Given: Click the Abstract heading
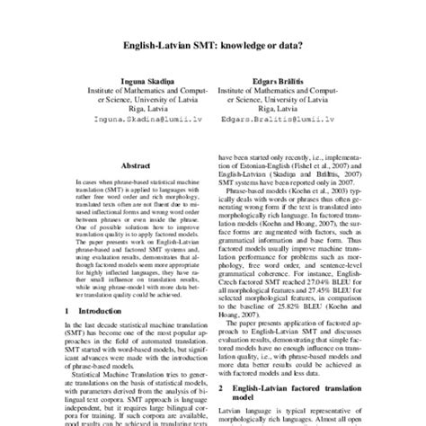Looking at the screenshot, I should click(135, 165).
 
